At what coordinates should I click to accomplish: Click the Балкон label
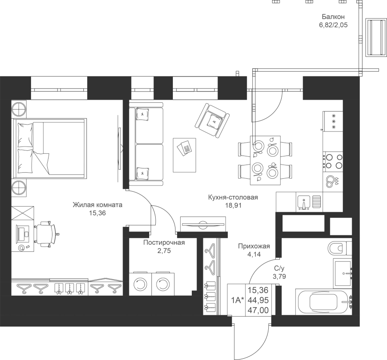[x=333, y=17]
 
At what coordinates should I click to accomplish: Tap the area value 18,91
[x=233, y=205]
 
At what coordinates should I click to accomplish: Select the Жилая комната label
[x=98, y=205]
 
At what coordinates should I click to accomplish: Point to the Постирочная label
[x=164, y=243]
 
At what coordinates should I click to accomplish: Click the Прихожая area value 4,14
[x=254, y=254]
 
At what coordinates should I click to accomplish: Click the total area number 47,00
[x=258, y=310]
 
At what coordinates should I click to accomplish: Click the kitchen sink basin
[x=304, y=202]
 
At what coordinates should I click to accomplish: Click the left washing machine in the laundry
[x=140, y=284]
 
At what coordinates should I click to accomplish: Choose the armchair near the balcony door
[x=212, y=120]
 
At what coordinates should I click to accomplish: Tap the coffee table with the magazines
[x=184, y=155]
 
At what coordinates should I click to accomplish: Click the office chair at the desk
[x=46, y=234]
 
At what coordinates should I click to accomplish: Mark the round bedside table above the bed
[x=19, y=109]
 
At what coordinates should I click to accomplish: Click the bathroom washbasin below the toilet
[x=343, y=273]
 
